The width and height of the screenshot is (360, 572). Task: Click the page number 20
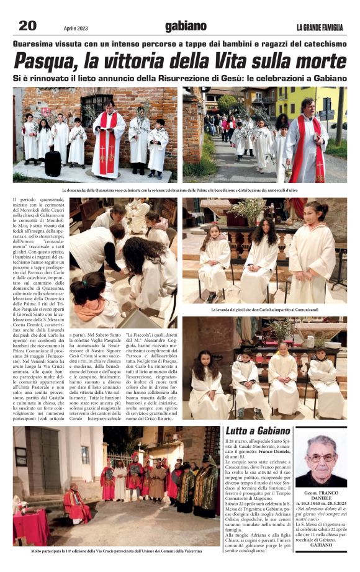coord(27,25)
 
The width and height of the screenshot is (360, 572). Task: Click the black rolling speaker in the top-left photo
coord(53,163)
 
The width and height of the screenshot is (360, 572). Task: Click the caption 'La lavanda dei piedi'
coord(264,309)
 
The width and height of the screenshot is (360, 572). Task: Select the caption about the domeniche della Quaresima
coord(180,190)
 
